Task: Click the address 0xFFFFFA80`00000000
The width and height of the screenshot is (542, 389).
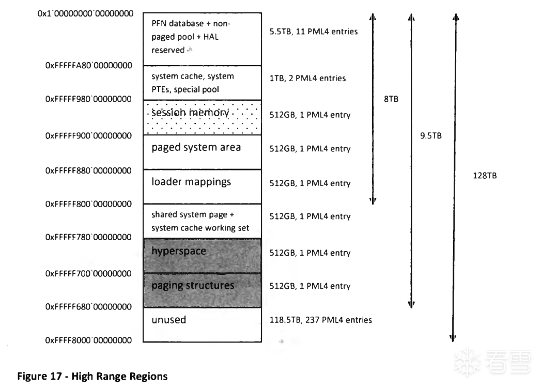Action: pos(88,65)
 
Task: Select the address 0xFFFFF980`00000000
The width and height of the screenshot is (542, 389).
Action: pos(88,99)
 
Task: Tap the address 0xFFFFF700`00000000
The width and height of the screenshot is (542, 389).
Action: pos(88,274)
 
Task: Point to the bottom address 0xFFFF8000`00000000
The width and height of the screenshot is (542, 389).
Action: pos(88,340)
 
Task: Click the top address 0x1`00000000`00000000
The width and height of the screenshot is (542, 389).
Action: pos(85,13)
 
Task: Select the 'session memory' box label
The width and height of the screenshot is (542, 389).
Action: pos(190,113)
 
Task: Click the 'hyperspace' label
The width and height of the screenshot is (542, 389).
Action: pos(179,251)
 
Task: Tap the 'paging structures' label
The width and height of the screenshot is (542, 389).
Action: pos(193,286)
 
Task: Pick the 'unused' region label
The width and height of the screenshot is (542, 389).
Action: pos(168,320)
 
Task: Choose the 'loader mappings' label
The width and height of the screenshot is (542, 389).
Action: pos(191,182)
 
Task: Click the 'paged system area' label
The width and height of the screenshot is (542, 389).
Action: pos(196,148)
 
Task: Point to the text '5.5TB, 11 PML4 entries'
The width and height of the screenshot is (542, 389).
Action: pos(314,32)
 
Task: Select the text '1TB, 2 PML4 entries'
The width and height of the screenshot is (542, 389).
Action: pos(307,78)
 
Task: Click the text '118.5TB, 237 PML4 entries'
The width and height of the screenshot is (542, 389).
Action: pos(321,320)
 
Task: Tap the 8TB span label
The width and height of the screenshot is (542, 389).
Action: pos(391,99)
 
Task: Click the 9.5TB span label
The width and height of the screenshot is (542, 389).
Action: pos(431,136)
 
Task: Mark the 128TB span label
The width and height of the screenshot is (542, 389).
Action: pos(485,176)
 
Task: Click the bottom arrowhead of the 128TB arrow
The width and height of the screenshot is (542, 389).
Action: pos(453,339)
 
